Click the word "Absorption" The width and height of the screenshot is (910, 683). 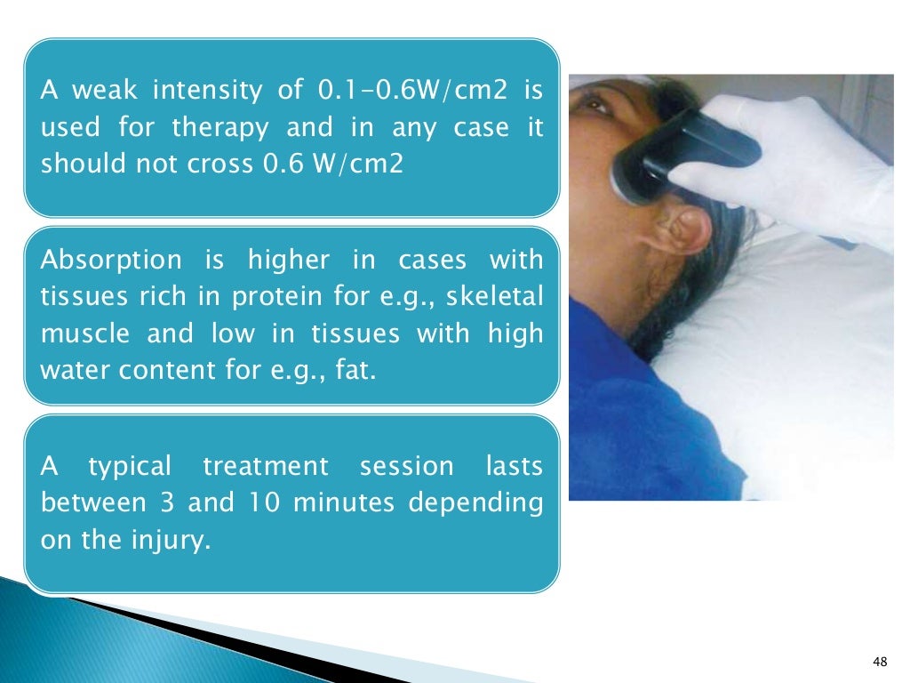pyautogui.click(x=111, y=260)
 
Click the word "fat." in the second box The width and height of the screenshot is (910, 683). pyautogui.click(x=355, y=370)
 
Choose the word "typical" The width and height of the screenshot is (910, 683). pyautogui.click(x=130, y=466)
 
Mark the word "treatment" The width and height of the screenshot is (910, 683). pyautogui.click(x=266, y=466)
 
